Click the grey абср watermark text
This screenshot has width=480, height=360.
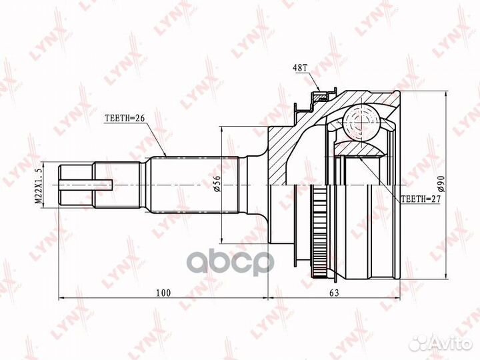(x=230, y=262)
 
